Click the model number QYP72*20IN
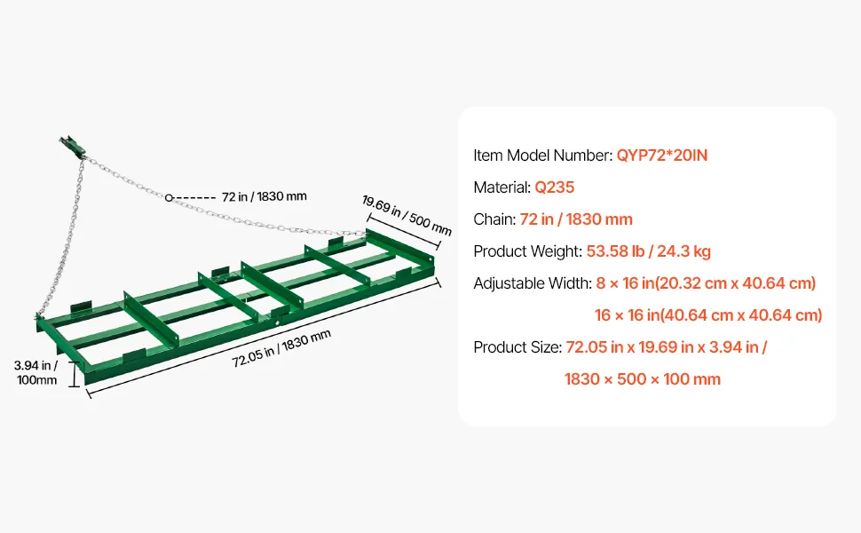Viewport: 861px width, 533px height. (661, 155)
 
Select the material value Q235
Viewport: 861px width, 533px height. (554, 187)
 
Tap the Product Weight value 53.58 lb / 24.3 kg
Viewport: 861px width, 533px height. (649, 251)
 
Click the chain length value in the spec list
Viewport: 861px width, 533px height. (576, 219)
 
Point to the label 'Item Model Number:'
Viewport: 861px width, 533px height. (543, 155)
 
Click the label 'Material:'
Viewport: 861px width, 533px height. (502, 187)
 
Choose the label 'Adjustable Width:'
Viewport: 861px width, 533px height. (533, 283)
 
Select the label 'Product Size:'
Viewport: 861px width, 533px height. (517, 347)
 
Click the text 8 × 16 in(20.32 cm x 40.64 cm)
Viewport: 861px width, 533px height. (707, 283)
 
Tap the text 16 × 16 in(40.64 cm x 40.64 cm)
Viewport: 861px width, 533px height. (708, 315)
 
